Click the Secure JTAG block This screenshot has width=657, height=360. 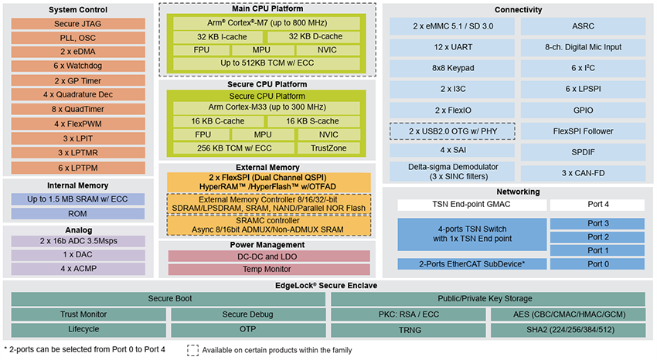(x=77, y=23)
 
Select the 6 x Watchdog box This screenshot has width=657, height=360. (x=77, y=66)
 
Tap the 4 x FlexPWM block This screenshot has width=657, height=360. (x=77, y=124)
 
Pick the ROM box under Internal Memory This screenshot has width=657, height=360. (x=77, y=213)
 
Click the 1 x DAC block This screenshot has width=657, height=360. (x=77, y=254)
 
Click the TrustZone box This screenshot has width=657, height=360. (x=329, y=148)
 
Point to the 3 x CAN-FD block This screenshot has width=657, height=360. (x=584, y=172)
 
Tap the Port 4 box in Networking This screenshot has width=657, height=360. (x=597, y=205)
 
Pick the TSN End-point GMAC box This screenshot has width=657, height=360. (x=471, y=205)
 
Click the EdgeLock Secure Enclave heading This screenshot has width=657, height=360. (x=328, y=285)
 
